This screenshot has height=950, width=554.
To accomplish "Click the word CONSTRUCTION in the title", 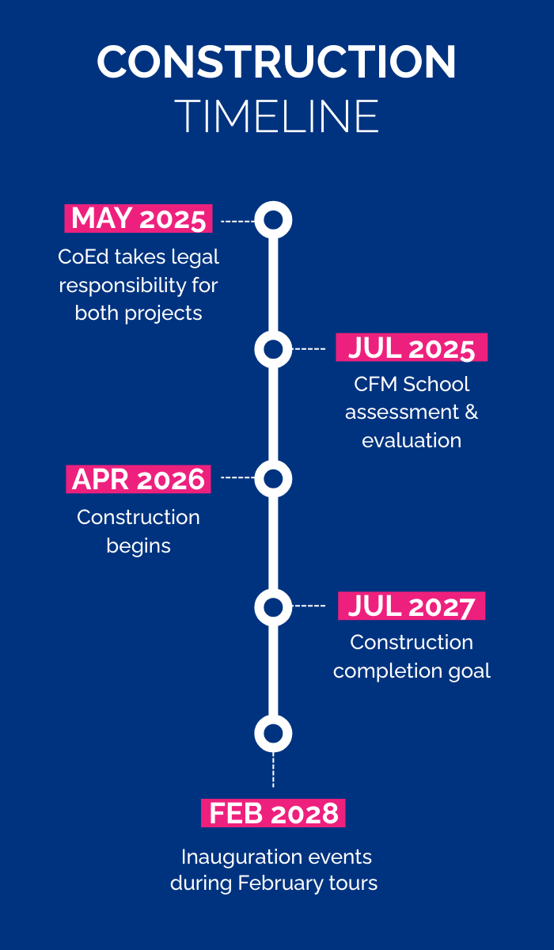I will click(x=276, y=62).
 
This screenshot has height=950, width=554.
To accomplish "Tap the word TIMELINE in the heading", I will click(x=276, y=116).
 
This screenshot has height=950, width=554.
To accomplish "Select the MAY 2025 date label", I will click(x=138, y=218).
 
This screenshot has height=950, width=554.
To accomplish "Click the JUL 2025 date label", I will click(x=412, y=348).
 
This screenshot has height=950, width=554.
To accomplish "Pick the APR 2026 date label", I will click(x=138, y=479).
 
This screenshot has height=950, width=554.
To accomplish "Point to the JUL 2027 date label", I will click(x=412, y=606).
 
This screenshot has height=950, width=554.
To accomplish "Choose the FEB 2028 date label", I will click(x=273, y=813).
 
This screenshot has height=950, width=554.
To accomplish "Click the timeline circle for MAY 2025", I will click(x=273, y=219).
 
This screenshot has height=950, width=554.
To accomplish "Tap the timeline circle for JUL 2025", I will click(x=273, y=348).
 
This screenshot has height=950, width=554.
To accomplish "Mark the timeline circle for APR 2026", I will click(x=273, y=478).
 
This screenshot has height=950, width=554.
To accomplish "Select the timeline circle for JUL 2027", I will click(x=273, y=607).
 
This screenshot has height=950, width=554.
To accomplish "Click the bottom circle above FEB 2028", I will click(x=273, y=734).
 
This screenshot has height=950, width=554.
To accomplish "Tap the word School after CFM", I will click(x=436, y=385).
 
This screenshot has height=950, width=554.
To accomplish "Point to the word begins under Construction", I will click(x=138, y=546).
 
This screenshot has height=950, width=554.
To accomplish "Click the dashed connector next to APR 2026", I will click(x=237, y=478).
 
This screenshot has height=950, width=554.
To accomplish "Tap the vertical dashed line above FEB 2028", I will click(x=273, y=769).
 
